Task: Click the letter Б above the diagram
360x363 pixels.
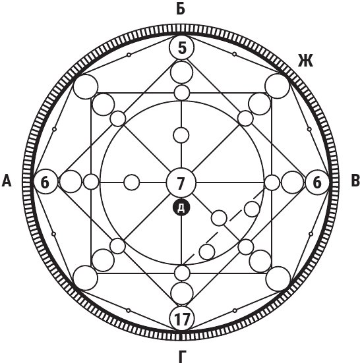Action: pos(181,9)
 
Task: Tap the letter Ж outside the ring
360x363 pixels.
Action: pos(305,61)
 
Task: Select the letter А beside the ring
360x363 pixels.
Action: pos(7,181)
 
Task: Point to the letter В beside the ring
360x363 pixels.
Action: pos(355,181)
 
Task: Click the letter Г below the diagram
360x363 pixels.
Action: pos(183,357)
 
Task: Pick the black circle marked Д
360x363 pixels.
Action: pos(181,208)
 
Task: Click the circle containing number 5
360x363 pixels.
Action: pos(182,47)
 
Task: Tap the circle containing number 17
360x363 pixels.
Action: pos(182,318)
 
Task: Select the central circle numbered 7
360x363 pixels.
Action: pos(181,182)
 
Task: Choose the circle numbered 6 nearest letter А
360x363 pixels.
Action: pos(45,182)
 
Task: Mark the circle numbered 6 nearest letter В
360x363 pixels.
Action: pos(317,182)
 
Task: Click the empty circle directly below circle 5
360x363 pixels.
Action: pos(181,72)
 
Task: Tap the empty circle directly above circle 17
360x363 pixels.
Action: pos(182,293)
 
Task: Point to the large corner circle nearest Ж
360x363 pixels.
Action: pos(278,86)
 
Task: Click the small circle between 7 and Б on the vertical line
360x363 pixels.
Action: pos(181,135)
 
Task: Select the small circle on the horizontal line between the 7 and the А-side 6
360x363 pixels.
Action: pos(132,182)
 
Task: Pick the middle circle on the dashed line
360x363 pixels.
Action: pos(219,218)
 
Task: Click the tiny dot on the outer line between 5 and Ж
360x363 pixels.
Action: pos(235,54)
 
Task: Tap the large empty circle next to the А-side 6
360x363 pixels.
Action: pos(71,182)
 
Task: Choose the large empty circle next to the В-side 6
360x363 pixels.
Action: pos(292,182)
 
